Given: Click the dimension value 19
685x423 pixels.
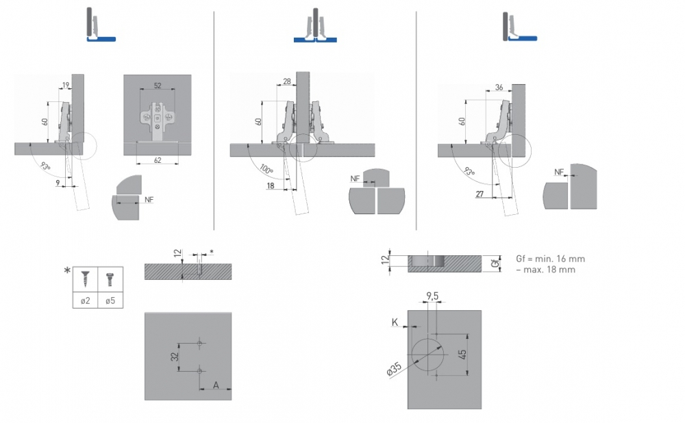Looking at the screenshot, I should pos(66,85).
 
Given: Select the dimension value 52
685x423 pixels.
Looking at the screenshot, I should pos(158,85).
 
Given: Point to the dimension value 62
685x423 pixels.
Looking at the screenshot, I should pos(158,159).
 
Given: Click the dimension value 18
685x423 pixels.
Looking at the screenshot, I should pos(272,185).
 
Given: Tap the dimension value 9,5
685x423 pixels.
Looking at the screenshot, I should pos(432,296).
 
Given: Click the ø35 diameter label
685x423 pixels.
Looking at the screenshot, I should pos(394,368).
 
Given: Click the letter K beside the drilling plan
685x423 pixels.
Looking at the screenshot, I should pos(395,320).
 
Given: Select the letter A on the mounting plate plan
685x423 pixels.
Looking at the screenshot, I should pos(216,385).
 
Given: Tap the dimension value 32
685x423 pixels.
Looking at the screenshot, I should pos(175,356).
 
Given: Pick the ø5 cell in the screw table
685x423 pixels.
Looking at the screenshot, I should pos(110,300).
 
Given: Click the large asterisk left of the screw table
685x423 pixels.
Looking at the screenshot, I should pos(67,271).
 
